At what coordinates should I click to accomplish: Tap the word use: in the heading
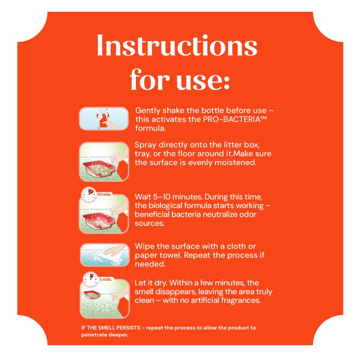(203, 80)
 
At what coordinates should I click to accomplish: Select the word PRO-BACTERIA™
(235, 119)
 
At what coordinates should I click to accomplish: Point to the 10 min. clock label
(104, 194)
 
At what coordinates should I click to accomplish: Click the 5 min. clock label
(106, 279)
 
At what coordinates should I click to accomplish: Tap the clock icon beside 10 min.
(89, 194)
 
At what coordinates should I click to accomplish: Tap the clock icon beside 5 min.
(90, 279)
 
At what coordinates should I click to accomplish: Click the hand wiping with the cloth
(115, 250)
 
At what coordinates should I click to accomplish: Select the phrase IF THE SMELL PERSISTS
(111, 328)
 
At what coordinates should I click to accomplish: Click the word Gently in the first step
(148, 111)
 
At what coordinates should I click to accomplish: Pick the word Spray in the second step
(145, 145)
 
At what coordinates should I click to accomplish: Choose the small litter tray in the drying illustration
(92, 294)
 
